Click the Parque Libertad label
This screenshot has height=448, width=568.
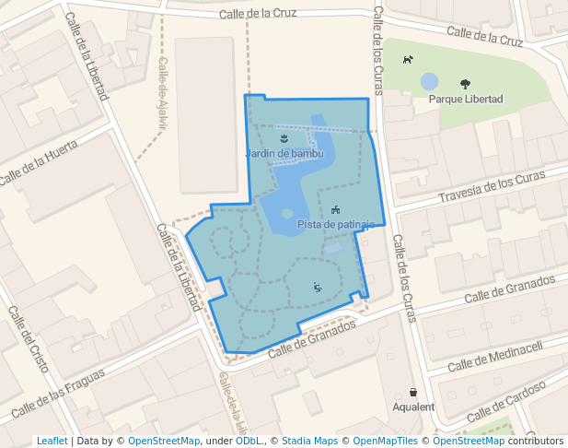(466, 99)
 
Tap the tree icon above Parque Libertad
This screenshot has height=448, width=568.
(465, 84)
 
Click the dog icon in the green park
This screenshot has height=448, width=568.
(408, 60)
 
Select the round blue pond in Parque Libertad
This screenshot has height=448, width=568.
(430, 81)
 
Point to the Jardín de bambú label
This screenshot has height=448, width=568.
(284, 153)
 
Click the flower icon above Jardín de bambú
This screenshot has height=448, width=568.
(284, 138)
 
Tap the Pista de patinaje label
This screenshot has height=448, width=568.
(336, 224)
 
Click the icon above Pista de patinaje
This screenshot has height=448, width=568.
(335, 209)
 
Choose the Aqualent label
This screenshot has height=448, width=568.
(413, 407)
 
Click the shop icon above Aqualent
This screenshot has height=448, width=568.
(413, 392)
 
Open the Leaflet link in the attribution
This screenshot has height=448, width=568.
(52, 442)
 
